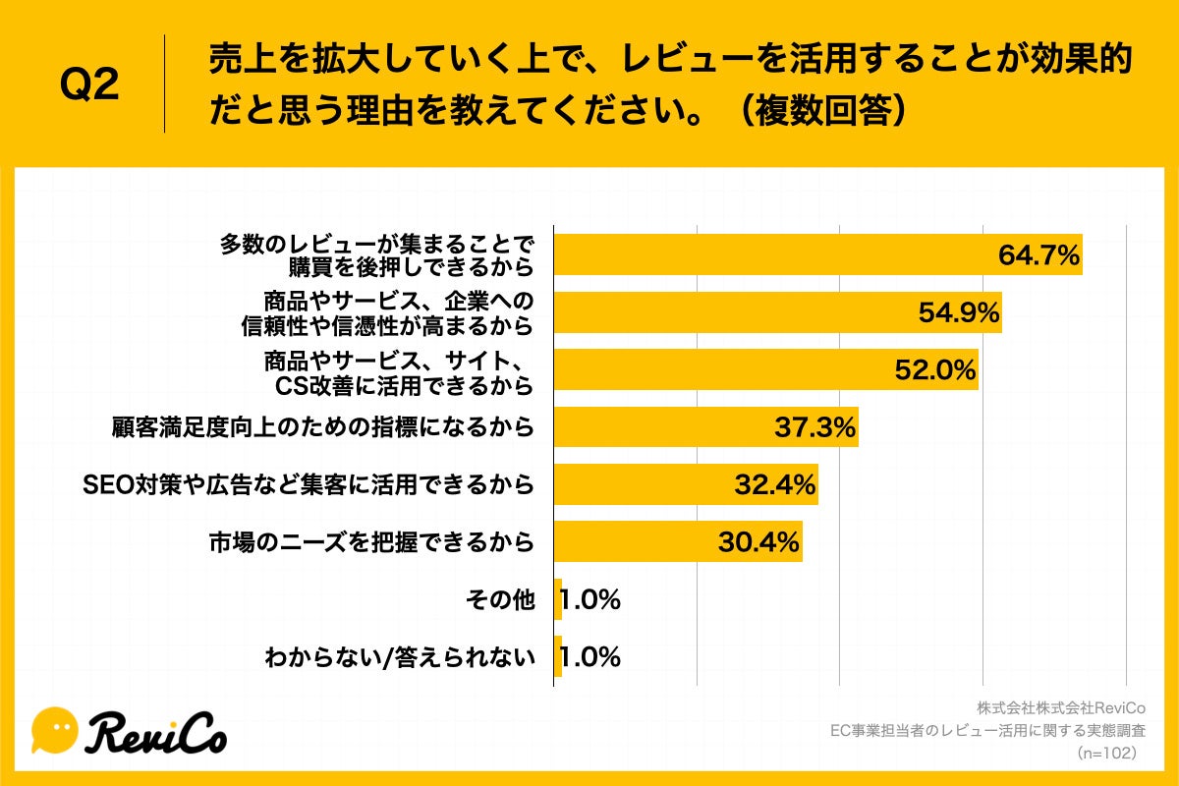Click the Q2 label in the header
tap(89, 84)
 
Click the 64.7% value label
tap(1039, 255)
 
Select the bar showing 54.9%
tap(776, 312)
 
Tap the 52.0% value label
tap(934, 370)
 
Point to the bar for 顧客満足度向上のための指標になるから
tap(705, 427)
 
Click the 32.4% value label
tap(775, 484)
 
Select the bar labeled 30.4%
tap(678, 541)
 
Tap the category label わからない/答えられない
tap(400, 656)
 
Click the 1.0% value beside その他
tap(590, 599)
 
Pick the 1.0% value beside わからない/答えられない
tap(590, 656)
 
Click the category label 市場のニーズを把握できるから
tap(371, 541)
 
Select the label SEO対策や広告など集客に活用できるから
tap(309, 484)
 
